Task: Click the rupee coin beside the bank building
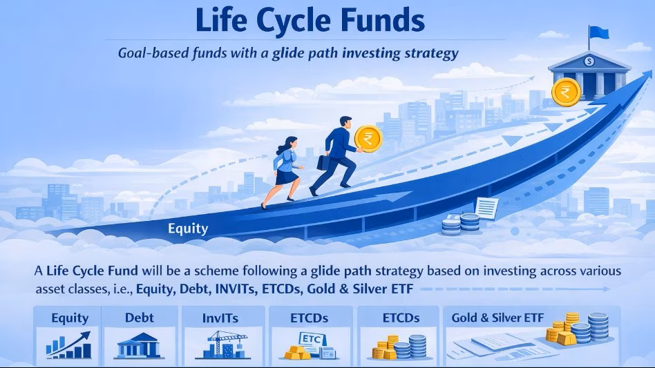566,92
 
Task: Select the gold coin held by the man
368,139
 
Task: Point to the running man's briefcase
324,162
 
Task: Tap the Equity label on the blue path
188,229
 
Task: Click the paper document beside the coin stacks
486,208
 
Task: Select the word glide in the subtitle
288,53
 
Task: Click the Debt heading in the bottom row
140,318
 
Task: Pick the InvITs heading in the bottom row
220,318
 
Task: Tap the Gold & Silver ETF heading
497,318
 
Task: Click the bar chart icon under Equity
69,345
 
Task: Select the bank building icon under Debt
139,345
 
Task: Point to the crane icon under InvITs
222,345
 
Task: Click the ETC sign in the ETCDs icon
313,339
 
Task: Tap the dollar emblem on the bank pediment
589,61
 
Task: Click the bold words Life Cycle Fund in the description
92,271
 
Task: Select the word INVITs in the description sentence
236,289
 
